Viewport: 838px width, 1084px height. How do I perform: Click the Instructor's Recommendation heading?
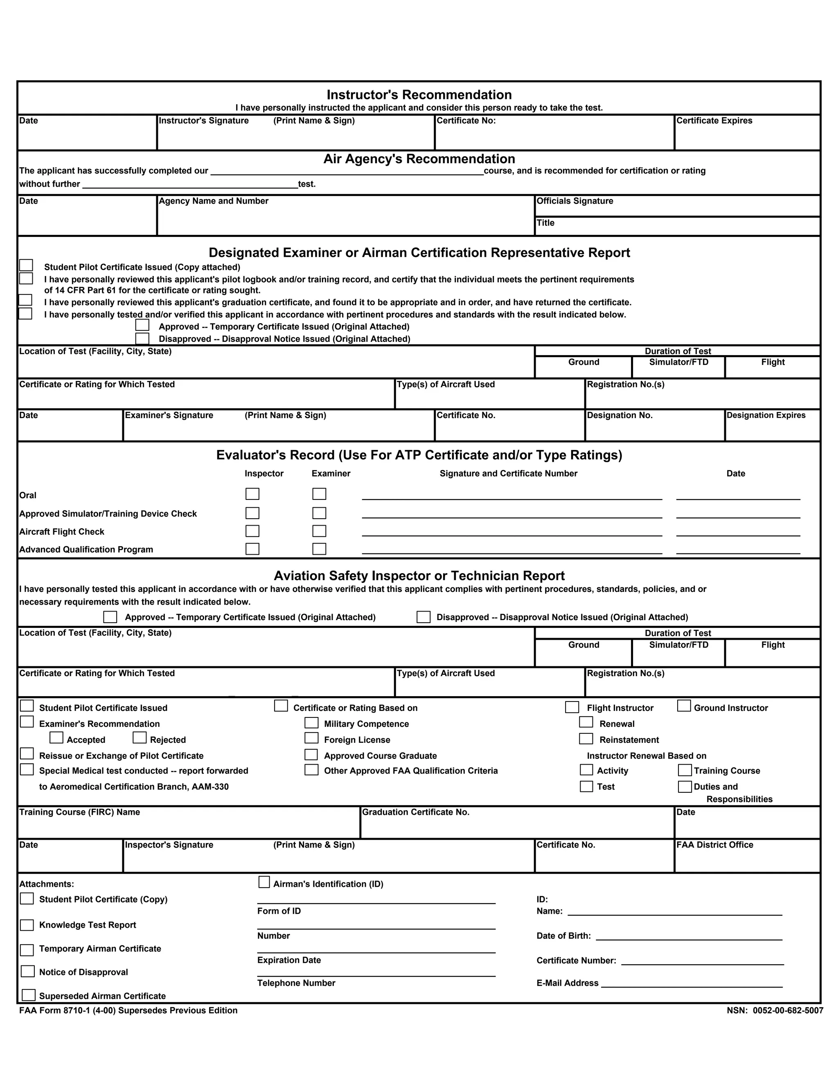point(419,95)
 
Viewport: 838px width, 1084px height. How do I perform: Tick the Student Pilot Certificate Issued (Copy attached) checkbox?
point(26,265)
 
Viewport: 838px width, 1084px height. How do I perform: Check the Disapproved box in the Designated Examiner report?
point(142,339)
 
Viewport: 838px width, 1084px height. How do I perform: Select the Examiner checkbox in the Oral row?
point(319,494)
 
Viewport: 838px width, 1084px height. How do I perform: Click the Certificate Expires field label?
point(714,121)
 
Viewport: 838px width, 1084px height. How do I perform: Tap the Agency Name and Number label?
point(214,201)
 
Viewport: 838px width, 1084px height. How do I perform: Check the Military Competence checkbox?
point(311,723)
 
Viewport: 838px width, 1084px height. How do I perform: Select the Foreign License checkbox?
point(311,738)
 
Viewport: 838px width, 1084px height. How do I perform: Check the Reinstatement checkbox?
point(586,738)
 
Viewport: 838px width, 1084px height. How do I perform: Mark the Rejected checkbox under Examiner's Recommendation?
point(140,738)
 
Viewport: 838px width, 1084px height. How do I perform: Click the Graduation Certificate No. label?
point(416,812)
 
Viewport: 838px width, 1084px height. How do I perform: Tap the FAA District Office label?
point(714,845)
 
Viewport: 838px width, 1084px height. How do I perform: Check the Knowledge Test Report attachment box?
point(27,925)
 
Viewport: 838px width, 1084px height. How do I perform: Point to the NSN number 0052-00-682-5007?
point(787,1010)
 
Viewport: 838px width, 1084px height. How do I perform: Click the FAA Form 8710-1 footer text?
point(128,1010)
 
